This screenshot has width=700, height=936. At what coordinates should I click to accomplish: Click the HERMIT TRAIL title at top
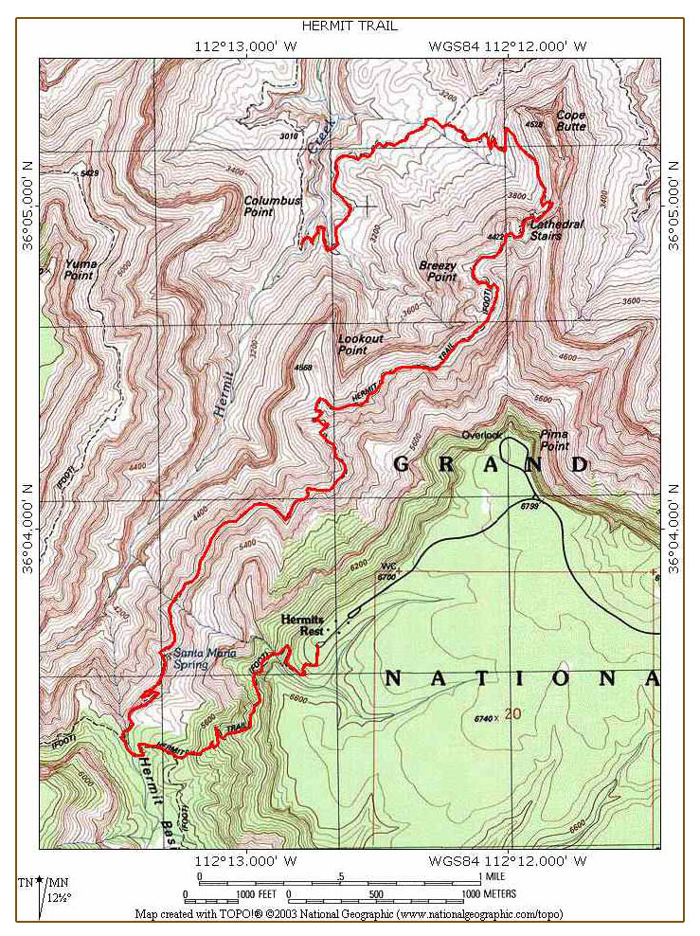tap(350, 26)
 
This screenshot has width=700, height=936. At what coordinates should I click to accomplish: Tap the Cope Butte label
tap(571, 119)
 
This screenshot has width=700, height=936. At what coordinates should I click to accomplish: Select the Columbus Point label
tap(272, 206)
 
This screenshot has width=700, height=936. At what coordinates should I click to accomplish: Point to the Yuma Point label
tap(80, 269)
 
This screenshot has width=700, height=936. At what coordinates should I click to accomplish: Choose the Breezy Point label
tap(438, 271)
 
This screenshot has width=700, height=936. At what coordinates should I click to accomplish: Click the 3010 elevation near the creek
tap(289, 136)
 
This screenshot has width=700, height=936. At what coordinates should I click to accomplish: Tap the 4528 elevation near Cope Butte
tap(533, 124)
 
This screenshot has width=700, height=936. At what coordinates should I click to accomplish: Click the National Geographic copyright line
tap(350, 915)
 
